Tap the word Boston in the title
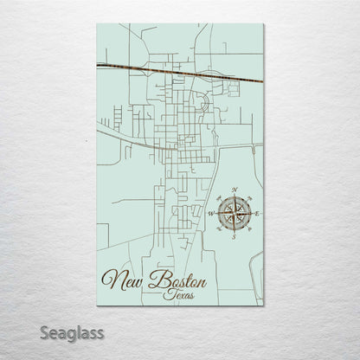click(177, 279)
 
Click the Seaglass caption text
click(72, 332)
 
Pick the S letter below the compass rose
click(234, 236)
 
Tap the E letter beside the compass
click(258, 212)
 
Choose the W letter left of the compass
click(210, 212)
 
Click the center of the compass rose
click(234, 212)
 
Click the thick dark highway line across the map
click(173, 72)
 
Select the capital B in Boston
click(156, 278)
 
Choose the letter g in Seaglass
click(72, 334)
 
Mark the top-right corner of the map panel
click(264, 24)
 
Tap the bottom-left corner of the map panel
click(97, 305)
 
